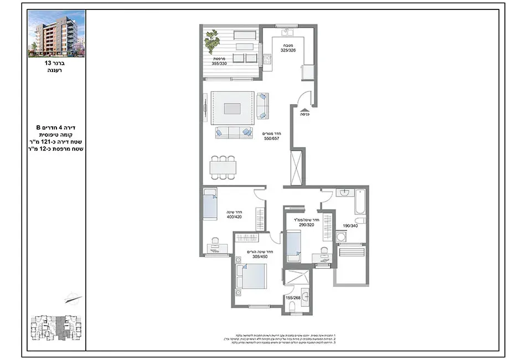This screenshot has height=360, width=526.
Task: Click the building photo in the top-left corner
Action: (57, 33)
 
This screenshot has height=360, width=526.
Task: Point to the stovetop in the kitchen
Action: (267, 59)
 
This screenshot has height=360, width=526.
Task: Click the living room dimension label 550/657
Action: (272, 139)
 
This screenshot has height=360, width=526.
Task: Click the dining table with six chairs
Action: (223, 167)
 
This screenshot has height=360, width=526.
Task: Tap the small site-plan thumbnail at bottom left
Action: (56, 331)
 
